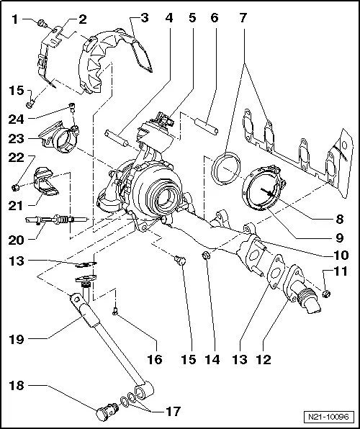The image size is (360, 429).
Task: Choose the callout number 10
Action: [x=339, y=254]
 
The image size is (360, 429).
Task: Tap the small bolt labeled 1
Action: [x=42, y=24]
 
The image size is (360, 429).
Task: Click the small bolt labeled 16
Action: [x=115, y=311]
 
